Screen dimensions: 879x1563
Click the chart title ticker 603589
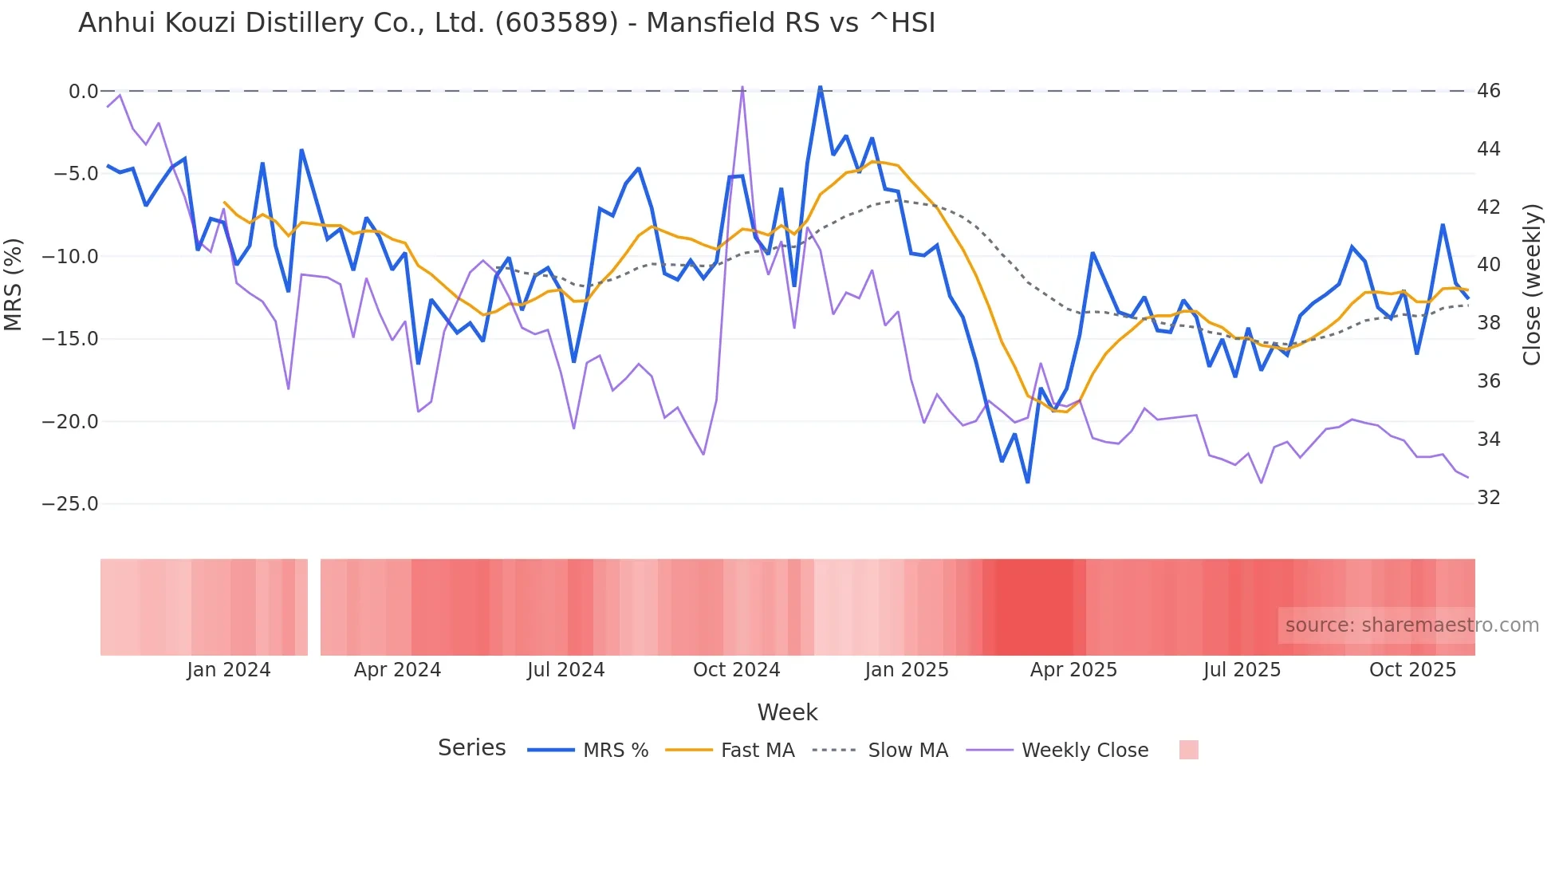click(x=556, y=23)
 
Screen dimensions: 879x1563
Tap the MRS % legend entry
click(x=615, y=751)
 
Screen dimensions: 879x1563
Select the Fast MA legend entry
click(x=757, y=751)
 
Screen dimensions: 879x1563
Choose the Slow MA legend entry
click(x=907, y=751)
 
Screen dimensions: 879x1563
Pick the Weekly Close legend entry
click(x=1085, y=751)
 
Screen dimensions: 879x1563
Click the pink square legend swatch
click(x=1188, y=750)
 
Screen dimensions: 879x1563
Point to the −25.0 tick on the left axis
click(x=70, y=504)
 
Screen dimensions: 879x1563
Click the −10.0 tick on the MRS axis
click(x=70, y=257)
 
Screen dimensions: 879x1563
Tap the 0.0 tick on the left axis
click(x=83, y=92)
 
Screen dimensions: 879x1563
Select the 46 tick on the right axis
click(x=1488, y=91)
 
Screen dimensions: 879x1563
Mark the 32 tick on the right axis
click(x=1488, y=498)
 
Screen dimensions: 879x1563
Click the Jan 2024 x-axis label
click(x=229, y=670)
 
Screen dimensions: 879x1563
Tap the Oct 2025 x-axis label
click(x=1412, y=670)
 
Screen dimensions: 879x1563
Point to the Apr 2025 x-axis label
click(x=1073, y=670)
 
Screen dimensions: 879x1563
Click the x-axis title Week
click(x=787, y=712)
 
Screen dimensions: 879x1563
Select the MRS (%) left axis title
click(x=14, y=285)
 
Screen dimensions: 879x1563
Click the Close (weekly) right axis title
click(x=1531, y=285)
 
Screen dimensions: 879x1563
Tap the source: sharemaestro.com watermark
click(x=1411, y=625)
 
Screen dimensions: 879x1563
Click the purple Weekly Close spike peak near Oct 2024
click(x=742, y=87)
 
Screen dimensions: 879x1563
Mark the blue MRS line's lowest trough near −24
click(x=1027, y=482)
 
